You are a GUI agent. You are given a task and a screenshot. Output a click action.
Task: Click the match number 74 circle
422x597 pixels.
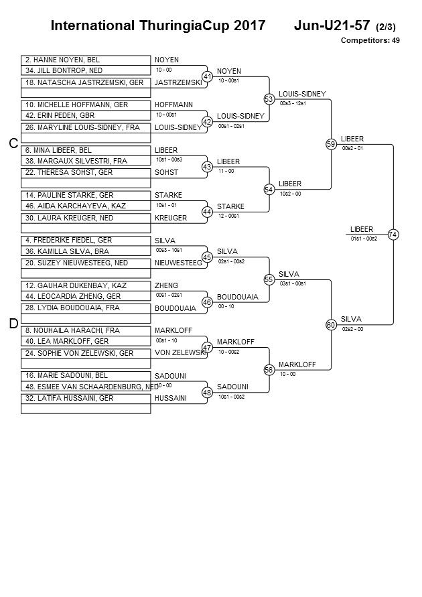tap(393, 235)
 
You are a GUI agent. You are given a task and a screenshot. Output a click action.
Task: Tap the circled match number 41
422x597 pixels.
tap(207, 77)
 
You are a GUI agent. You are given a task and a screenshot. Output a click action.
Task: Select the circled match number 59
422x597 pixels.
tap(331, 144)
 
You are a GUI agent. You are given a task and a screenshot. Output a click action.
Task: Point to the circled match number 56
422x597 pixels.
tap(269, 370)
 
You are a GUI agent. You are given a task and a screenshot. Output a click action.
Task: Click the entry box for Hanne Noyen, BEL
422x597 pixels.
tap(86, 60)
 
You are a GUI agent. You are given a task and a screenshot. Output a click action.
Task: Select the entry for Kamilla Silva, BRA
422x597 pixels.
tap(86, 251)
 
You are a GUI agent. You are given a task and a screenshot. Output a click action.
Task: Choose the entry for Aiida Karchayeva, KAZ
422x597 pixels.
tap(86, 206)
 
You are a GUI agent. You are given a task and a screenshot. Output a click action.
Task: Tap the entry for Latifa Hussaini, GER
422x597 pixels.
tap(86, 399)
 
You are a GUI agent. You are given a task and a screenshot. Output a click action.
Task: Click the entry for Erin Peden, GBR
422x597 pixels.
tap(86, 115)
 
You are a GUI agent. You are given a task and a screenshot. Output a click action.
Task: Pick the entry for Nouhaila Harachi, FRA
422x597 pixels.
tap(86, 330)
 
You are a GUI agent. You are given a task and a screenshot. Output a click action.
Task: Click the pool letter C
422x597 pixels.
tap(13, 143)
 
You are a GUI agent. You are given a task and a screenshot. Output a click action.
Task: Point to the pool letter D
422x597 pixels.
tap(13, 324)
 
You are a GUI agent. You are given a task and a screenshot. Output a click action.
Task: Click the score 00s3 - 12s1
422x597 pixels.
tap(293, 103)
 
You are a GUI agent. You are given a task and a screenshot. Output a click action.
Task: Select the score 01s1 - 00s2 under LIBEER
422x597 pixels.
tap(364, 239)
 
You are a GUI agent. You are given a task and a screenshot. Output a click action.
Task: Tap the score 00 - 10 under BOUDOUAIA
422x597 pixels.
tap(226, 306)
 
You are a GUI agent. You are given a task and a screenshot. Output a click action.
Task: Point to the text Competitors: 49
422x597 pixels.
tap(370, 40)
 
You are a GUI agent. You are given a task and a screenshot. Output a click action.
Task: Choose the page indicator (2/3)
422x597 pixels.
tap(385, 27)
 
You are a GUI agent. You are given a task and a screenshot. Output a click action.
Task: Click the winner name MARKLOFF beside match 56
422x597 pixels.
tap(297, 364)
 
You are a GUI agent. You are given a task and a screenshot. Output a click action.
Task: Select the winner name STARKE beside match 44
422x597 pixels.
tap(230, 206)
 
